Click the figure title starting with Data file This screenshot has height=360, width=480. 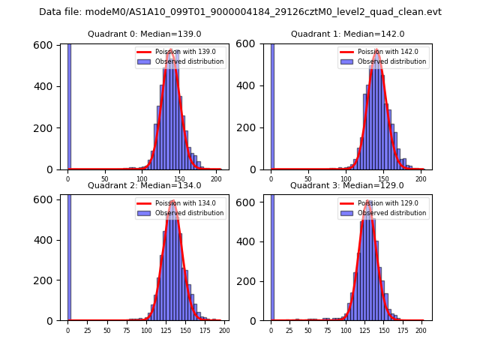tap(240, 12)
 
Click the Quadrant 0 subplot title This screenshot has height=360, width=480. tap(144, 34)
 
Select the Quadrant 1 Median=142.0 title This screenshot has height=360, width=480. tap(347, 34)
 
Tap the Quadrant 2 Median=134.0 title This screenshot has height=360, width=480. tap(144, 185)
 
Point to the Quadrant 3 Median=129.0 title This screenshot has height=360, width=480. tap(347, 185)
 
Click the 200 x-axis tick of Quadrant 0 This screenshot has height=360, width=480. tap(216, 179)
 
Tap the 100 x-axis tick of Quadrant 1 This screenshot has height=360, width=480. tap(345, 179)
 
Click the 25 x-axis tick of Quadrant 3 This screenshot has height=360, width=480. tap(289, 330)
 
